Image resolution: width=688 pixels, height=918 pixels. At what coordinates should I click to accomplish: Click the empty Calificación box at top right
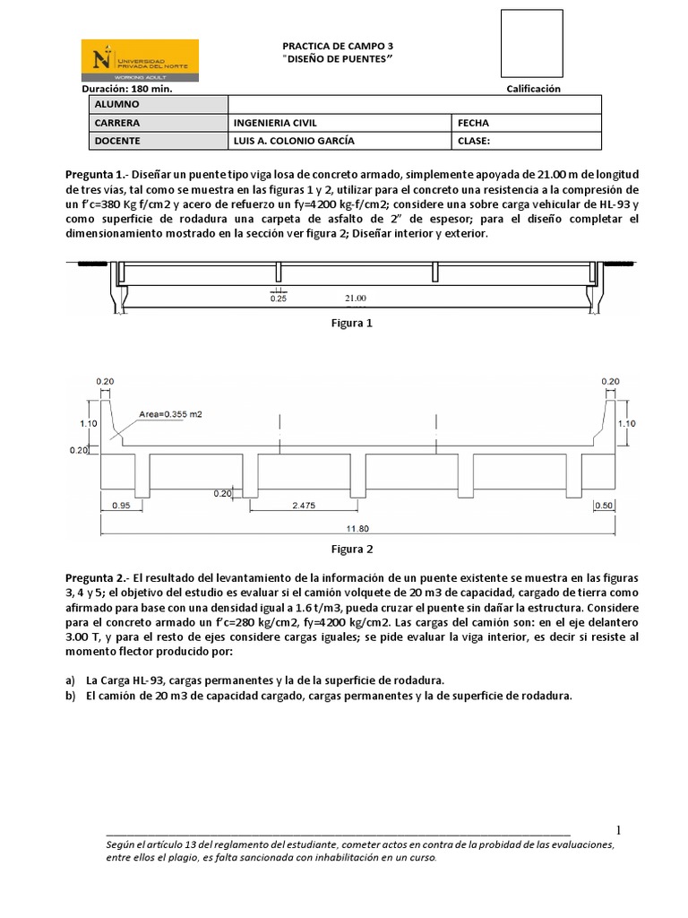[x=532, y=43]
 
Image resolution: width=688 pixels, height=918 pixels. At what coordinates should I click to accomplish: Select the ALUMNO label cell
[x=158, y=105]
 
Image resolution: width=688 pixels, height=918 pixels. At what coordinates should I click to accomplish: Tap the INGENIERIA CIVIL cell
[x=340, y=123]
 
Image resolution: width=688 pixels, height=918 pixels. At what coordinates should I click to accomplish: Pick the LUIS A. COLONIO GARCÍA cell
[x=340, y=141]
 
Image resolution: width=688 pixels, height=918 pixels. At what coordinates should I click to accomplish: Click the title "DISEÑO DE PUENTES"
[x=338, y=58]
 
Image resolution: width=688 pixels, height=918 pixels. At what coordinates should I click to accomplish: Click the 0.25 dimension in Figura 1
[x=278, y=299]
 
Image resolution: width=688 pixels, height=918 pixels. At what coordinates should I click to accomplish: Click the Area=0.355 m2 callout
[x=170, y=414]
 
